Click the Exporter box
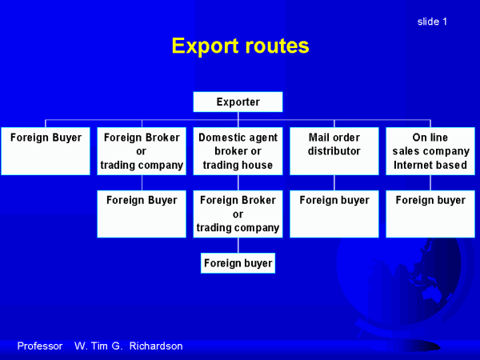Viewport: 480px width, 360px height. click(238, 102)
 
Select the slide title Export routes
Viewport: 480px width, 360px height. click(240, 46)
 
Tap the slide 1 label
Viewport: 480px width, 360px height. click(432, 22)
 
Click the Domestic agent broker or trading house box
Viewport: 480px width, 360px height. click(238, 151)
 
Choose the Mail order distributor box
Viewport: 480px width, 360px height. click(334, 151)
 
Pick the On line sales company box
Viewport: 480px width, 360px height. click(430, 151)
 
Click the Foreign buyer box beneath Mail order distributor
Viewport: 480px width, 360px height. click(334, 214)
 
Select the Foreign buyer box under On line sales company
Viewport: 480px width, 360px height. click(430, 214)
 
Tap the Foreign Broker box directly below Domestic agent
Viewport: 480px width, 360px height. click(238, 214)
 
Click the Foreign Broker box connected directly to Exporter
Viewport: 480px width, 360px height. click(142, 151)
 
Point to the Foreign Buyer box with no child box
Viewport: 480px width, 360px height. click(46, 151)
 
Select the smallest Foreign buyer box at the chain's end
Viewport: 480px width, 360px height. click(238, 263)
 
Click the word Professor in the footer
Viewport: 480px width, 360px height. click(40, 346)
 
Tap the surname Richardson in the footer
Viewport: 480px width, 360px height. click(156, 346)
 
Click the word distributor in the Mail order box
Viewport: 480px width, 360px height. click(334, 151)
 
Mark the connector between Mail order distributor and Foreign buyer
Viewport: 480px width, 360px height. click(334, 182)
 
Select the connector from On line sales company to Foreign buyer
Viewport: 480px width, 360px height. click(430, 182)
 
